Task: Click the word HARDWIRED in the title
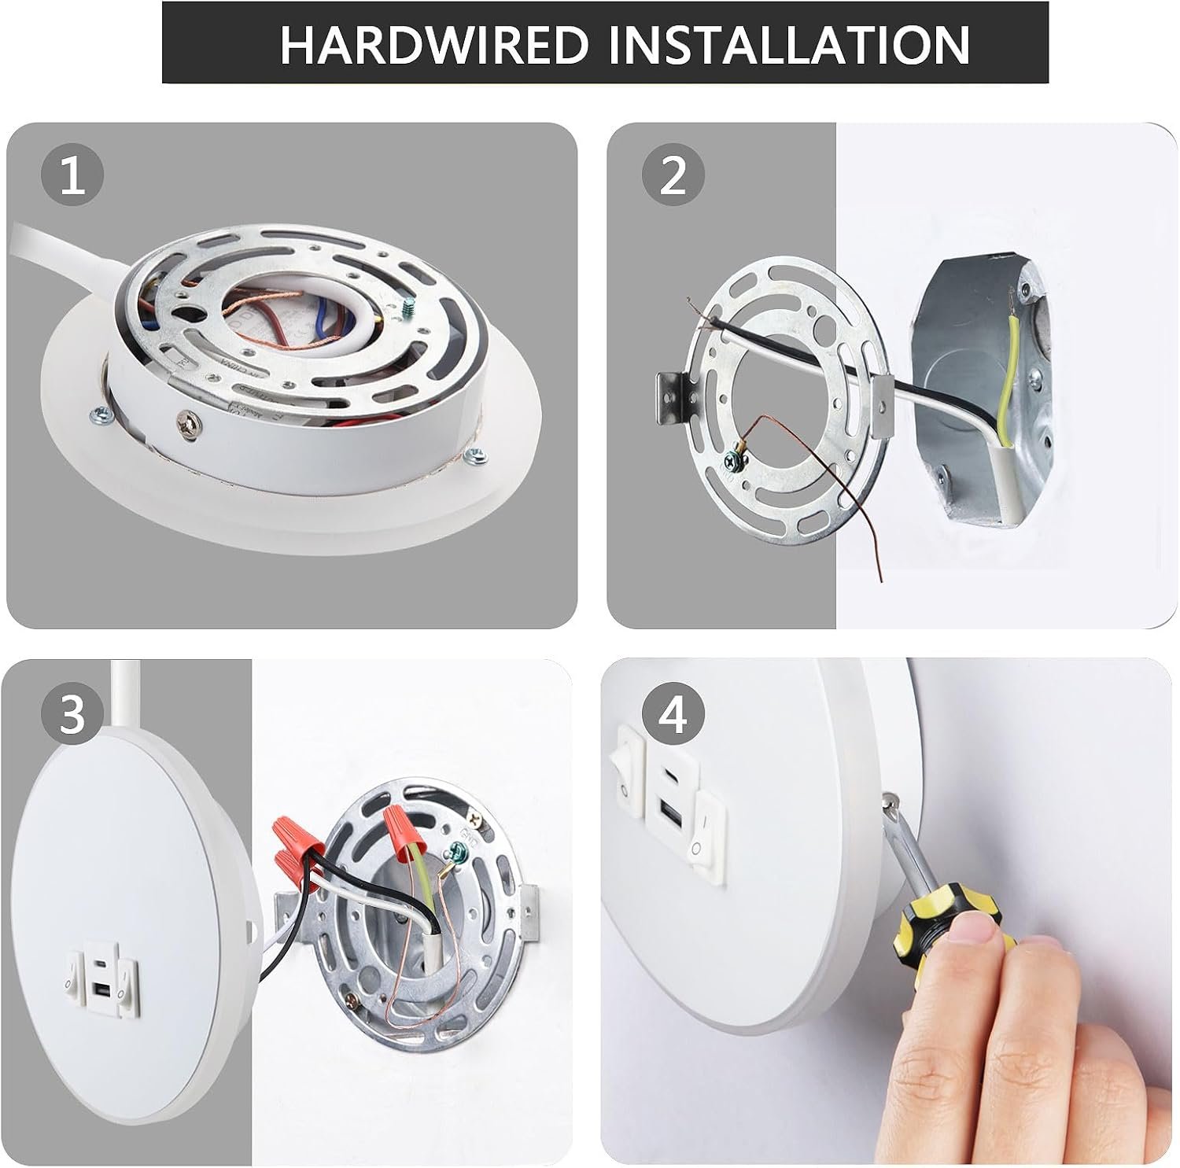[x=434, y=44]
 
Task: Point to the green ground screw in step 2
[x=734, y=457]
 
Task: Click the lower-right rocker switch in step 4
[x=706, y=827]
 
